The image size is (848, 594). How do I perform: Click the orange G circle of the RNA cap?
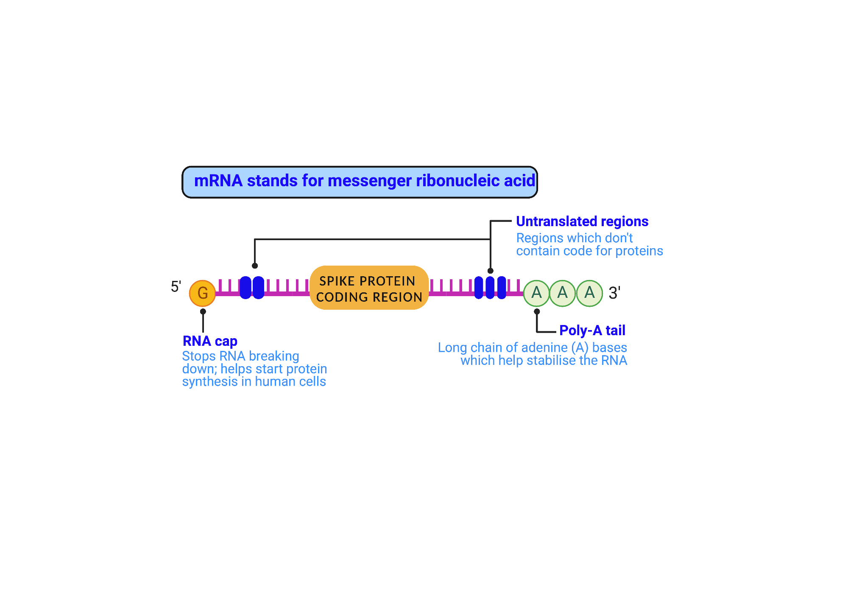[x=202, y=293]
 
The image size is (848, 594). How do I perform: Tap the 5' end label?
[x=176, y=287]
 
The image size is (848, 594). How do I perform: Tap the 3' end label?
[x=614, y=293]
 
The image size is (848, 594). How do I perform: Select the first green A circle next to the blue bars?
[x=536, y=293]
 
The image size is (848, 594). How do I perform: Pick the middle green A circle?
[x=563, y=293]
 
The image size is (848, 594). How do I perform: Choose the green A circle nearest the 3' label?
[x=589, y=293]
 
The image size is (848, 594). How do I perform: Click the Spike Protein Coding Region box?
[x=369, y=288]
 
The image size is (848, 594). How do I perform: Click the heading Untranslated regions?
[x=582, y=221]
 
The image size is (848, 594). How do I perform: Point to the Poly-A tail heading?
[x=592, y=330]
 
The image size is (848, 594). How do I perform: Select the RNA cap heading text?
[x=210, y=341]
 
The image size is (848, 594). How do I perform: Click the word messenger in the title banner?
[x=369, y=181]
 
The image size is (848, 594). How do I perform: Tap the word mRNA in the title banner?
[x=218, y=181]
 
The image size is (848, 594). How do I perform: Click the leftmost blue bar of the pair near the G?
[x=245, y=288]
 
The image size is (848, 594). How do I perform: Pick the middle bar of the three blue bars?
[x=490, y=288]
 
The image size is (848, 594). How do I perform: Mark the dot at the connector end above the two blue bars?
[x=255, y=266]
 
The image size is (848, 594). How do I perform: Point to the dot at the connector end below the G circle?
[x=203, y=311]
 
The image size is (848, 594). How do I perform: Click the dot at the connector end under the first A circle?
[x=537, y=311]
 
